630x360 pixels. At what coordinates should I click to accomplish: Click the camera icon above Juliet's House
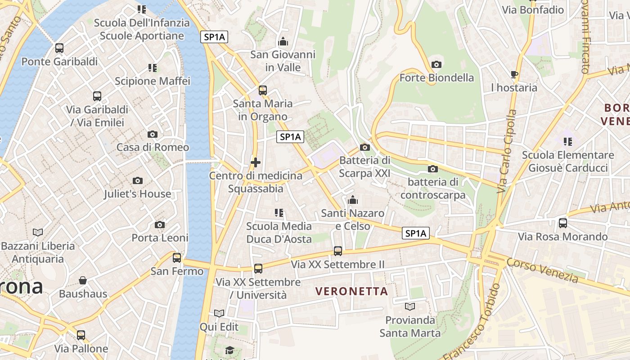tap(138, 180)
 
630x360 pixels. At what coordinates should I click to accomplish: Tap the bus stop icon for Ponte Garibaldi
tap(59, 48)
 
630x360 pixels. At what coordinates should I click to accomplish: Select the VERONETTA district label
tap(351, 291)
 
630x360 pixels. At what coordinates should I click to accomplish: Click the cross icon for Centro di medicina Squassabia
tap(256, 162)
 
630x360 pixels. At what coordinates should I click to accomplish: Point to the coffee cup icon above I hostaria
tap(514, 74)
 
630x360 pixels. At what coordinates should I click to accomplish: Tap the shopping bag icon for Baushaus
tap(83, 281)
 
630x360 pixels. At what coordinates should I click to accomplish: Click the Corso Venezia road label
tap(542, 270)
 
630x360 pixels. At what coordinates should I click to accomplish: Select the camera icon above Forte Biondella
tap(436, 65)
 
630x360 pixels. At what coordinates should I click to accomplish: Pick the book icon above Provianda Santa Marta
tap(409, 307)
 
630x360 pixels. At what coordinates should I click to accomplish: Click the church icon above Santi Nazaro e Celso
tap(353, 200)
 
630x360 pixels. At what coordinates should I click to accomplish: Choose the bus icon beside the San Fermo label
tap(177, 258)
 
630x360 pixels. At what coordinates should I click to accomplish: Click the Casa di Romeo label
tap(153, 147)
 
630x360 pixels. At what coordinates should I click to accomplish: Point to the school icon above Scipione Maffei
tap(153, 68)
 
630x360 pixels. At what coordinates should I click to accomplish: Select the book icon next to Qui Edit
tap(219, 313)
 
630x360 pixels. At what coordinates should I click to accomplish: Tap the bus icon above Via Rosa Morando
tap(562, 223)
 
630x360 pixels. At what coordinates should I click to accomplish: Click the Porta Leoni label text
tap(160, 238)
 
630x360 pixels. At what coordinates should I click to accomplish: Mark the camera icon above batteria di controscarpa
tap(433, 169)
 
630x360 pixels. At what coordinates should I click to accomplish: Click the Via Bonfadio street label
tap(533, 10)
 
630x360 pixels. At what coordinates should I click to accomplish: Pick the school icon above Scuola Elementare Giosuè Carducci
tap(568, 142)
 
